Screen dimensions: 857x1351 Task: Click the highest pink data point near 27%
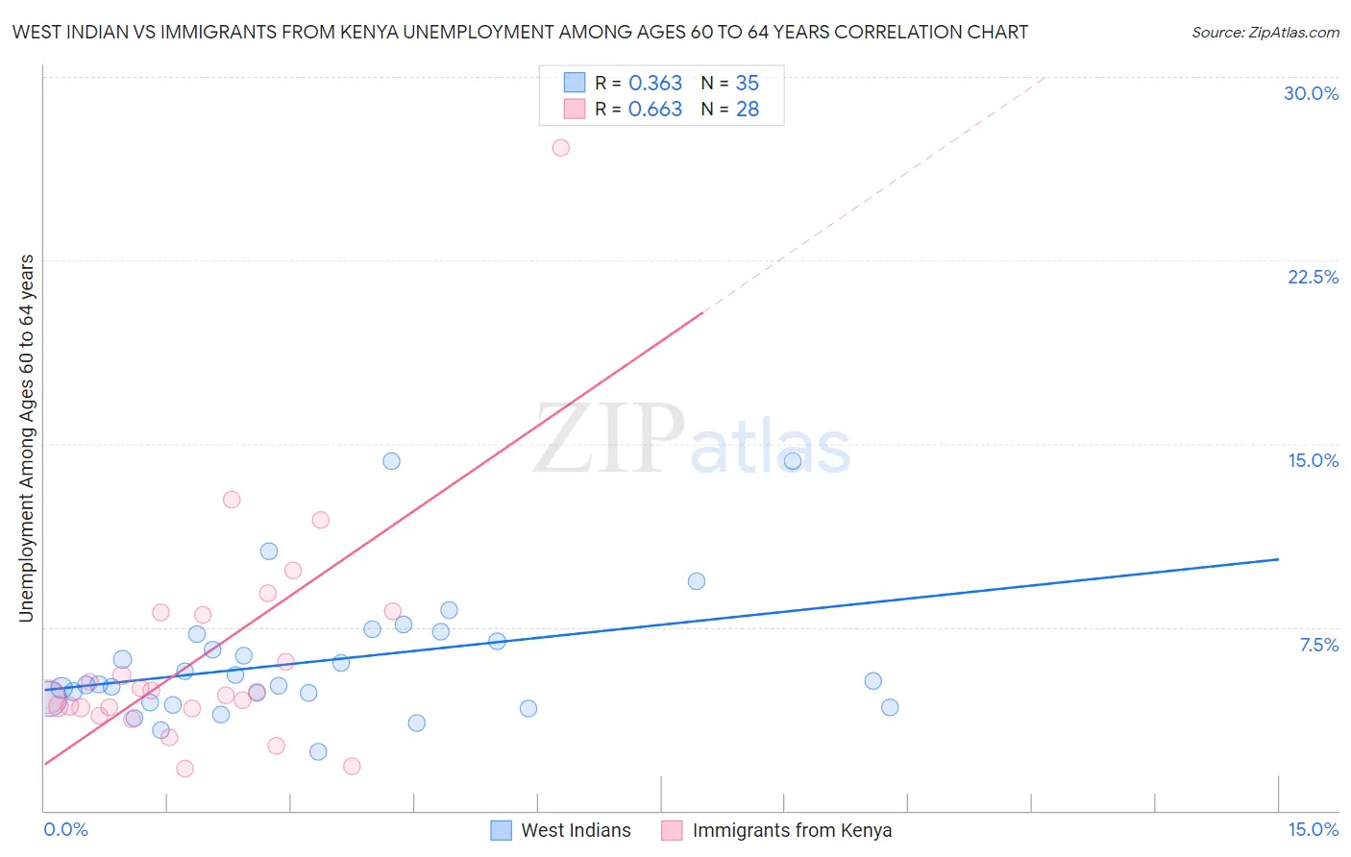click(x=560, y=147)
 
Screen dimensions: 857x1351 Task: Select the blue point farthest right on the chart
click(x=890, y=707)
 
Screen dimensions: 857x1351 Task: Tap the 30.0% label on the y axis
click(x=1311, y=93)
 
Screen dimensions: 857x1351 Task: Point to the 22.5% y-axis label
click(x=1313, y=277)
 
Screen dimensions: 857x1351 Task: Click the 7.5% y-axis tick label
click(x=1318, y=645)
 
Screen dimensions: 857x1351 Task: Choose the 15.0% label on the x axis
click(x=1313, y=829)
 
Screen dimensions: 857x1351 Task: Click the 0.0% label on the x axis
click(x=66, y=829)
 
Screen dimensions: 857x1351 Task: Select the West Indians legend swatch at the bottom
click(x=501, y=830)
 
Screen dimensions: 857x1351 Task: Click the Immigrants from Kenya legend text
click(x=792, y=830)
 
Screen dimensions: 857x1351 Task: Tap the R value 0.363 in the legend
click(x=655, y=84)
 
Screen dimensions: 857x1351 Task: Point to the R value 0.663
click(x=655, y=110)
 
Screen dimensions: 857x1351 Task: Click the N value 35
click(x=747, y=84)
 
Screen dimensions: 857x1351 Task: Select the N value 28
click(x=747, y=110)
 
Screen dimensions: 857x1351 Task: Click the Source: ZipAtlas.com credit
click(x=1265, y=32)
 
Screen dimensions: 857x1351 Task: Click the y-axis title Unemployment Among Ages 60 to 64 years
click(x=27, y=438)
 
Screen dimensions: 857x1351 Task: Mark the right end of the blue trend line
click(x=1278, y=559)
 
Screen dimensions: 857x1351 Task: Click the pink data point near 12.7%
click(x=232, y=500)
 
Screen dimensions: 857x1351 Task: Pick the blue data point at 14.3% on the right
click(x=793, y=461)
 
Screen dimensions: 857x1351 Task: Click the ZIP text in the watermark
click(x=608, y=440)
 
